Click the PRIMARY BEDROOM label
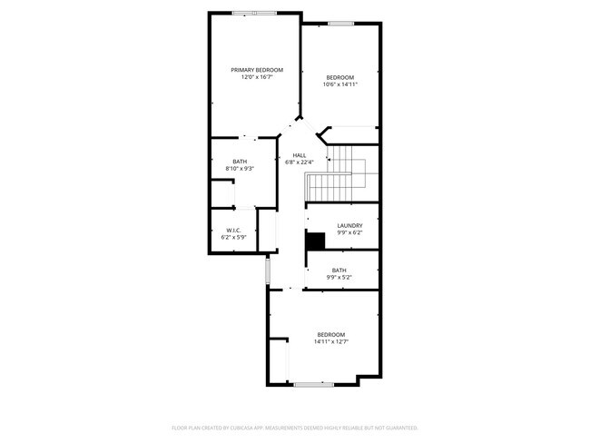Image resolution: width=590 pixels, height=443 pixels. click(x=257, y=70)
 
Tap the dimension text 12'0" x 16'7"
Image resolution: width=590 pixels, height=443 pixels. click(x=257, y=78)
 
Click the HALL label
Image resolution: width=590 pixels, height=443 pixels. click(x=299, y=155)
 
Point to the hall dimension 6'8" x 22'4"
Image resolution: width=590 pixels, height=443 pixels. click(x=299, y=162)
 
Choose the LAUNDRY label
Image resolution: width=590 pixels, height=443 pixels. click(x=349, y=225)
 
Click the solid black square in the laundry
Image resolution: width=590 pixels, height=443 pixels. click(x=315, y=241)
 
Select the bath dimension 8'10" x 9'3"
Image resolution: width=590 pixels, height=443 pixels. click(x=240, y=168)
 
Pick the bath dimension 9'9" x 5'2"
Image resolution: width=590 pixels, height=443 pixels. click(x=339, y=277)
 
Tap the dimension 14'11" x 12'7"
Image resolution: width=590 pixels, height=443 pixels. click(x=331, y=342)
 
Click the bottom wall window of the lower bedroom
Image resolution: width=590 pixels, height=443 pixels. click(x=314, y=384)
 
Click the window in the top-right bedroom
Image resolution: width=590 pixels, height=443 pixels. click(x=340, y=24)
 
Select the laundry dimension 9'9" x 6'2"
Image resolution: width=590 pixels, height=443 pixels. click(x=349, y=232)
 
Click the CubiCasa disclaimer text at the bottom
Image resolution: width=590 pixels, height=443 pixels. click(x=294, y=427)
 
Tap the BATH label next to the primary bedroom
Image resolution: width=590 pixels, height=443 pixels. click(x=240, y=161)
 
